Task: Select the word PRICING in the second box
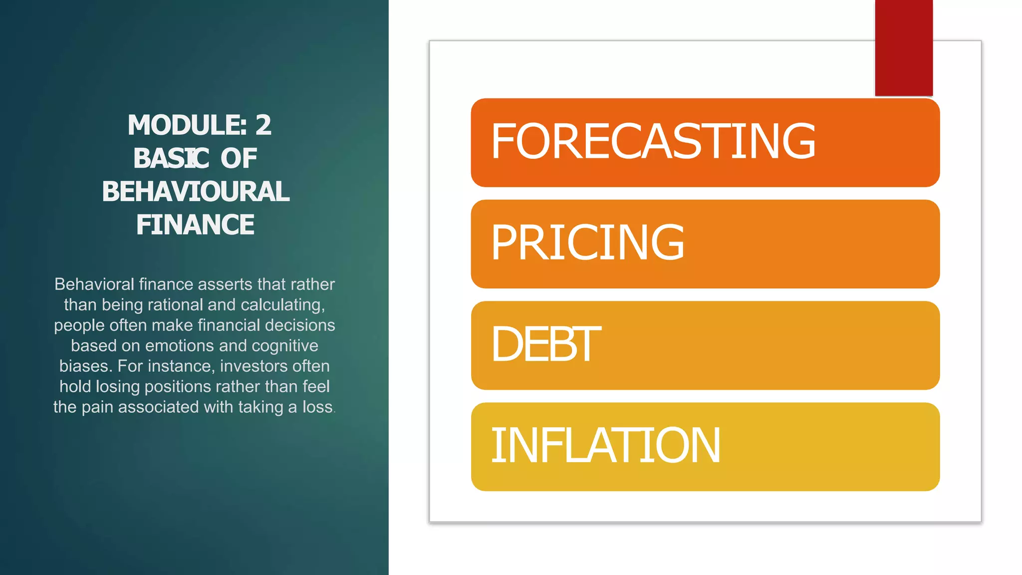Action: coord(587,243)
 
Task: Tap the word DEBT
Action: coord(545,344)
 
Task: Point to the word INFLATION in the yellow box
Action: coord(605,445)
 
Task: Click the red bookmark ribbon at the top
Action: coord(903,47)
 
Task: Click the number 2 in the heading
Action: coord(263,125)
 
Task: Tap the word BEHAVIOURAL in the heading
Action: coord(196,192)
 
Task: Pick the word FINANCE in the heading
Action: coord(195,225)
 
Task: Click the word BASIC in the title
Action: coord(171,159)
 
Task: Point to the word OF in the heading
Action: coord(239,159)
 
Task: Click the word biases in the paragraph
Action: coord(84,366)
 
